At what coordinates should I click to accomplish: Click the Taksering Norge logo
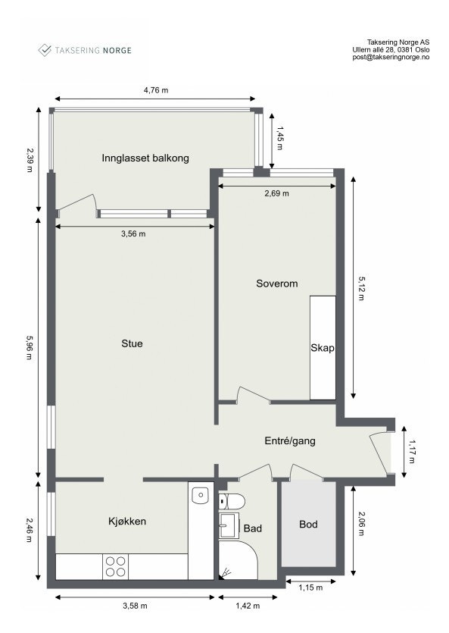85,50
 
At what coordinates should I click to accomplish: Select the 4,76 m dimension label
155,90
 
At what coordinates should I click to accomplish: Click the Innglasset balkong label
145,158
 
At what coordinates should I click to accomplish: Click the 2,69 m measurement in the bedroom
276,193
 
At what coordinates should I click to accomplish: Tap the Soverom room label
276,284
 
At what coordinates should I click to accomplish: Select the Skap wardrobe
323,348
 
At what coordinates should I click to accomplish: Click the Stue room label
132,343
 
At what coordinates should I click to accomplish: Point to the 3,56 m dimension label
133,234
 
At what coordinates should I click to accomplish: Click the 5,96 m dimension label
30,348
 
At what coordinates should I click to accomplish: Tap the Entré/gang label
289,440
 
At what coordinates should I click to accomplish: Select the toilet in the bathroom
231,501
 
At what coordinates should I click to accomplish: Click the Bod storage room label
308,524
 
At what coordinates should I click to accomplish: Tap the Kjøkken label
127,522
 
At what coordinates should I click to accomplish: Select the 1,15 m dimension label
310,588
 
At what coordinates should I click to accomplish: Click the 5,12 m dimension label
361,287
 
